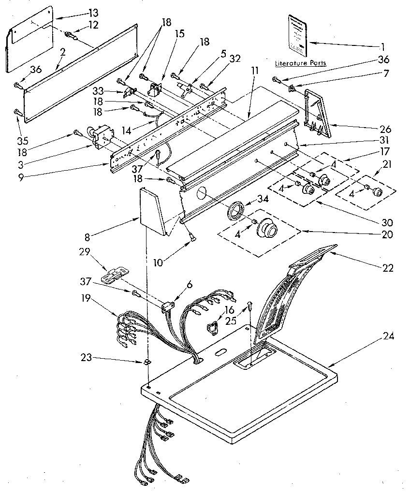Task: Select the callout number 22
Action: tap(387, 268)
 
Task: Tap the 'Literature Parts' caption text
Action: tap(300, 63)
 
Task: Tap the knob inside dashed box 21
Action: tap(377, 192)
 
